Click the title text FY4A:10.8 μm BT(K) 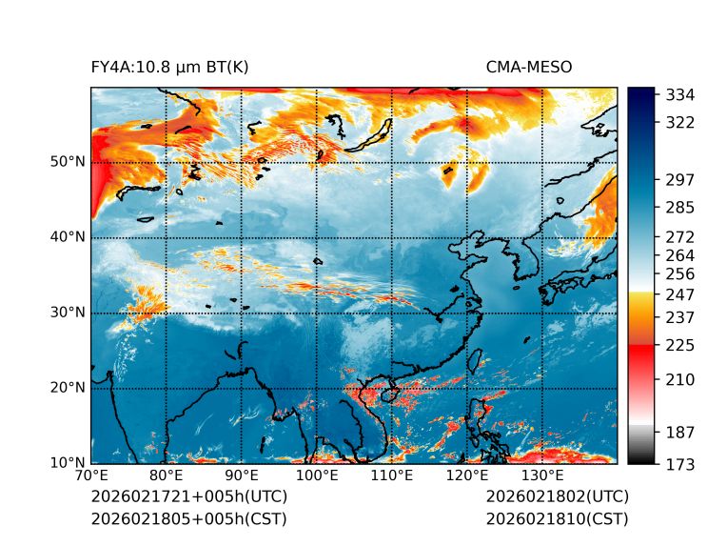[170, 67]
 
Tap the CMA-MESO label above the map [529, 67]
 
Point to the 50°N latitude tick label [68, 162]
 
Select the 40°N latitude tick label [68, 237]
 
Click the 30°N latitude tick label [68, 313]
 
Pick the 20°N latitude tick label [68, 388]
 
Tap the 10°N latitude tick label [68, 464]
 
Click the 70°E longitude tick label [91, 476]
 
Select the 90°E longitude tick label [242, 476]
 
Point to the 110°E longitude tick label [391, 476]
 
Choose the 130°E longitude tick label [541, 476]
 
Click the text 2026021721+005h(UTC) [188, 496]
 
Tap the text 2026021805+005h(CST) [188, 518]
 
